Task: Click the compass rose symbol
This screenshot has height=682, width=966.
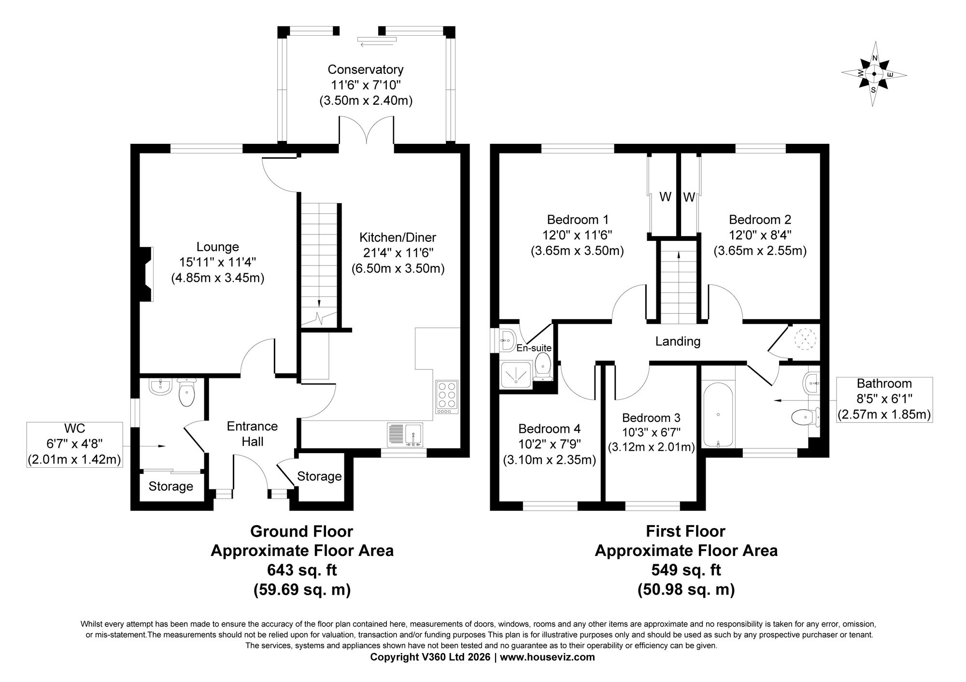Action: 874,74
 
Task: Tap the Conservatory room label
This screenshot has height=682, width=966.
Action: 366,70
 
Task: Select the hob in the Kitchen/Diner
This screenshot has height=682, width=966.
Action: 447,397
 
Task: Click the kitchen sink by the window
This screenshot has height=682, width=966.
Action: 405,433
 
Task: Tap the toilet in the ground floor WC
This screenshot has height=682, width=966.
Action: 186,391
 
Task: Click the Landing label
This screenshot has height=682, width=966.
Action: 678,342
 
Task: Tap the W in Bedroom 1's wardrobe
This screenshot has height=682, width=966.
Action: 666,197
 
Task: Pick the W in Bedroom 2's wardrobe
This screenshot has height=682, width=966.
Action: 689,197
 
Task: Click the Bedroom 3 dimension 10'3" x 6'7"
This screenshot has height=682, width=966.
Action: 651,432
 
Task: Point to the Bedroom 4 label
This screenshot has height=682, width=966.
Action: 549,429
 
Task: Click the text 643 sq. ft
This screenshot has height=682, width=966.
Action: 302,570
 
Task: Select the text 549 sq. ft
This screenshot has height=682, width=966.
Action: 686,570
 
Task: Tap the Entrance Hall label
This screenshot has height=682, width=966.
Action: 253,433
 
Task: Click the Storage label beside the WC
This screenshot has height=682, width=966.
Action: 171,486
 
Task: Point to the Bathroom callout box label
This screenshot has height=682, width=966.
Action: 884,384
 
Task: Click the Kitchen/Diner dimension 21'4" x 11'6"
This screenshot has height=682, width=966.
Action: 398,253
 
